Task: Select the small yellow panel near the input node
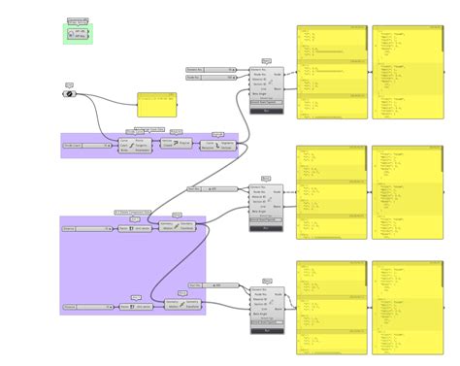coord(155,105)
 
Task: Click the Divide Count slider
coord(88,145)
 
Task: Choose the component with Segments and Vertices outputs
coord(218,145)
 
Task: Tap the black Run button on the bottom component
coord(266,330)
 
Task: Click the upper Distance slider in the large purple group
coord(88,229)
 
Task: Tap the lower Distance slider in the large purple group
coord(88,307)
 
